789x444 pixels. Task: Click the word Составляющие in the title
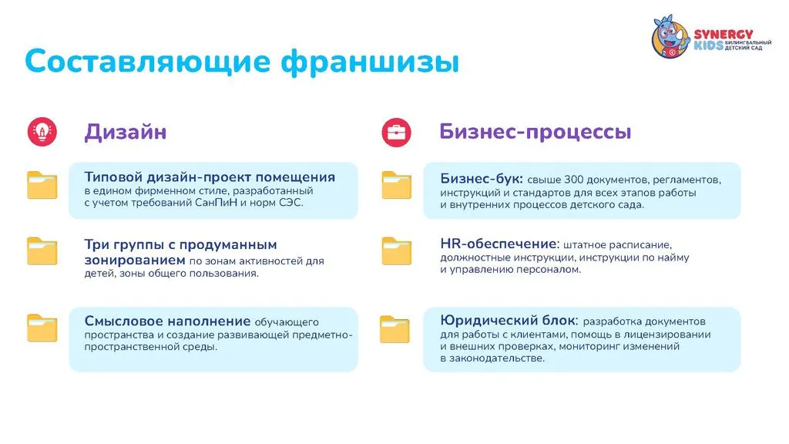pos(148,62)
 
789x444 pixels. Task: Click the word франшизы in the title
pos(371,62)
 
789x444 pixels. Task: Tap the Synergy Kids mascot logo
pos(670,36)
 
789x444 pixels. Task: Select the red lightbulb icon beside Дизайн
pos(42,132)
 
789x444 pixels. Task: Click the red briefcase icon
pos(397,133)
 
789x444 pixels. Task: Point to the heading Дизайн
pos(126,133)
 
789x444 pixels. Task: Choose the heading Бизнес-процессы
pos(536,132)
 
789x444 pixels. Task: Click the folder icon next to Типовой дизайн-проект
pos(42,185)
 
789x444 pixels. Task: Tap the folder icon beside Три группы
pos(42,251)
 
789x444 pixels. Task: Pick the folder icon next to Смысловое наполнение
pos(42,328)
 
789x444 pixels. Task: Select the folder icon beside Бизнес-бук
pos(397,185)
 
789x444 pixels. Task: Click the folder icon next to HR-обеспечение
pos(397,251)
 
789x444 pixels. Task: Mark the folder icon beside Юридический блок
pos(394,329)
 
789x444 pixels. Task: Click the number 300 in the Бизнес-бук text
pos(572,180)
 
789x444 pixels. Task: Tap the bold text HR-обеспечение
pos(499,244)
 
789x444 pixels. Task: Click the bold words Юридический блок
pos(509,321)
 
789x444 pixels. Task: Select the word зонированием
pos(134,261)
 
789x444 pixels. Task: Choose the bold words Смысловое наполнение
pos(167,321)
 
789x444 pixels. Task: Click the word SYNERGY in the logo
pos(724,34)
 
